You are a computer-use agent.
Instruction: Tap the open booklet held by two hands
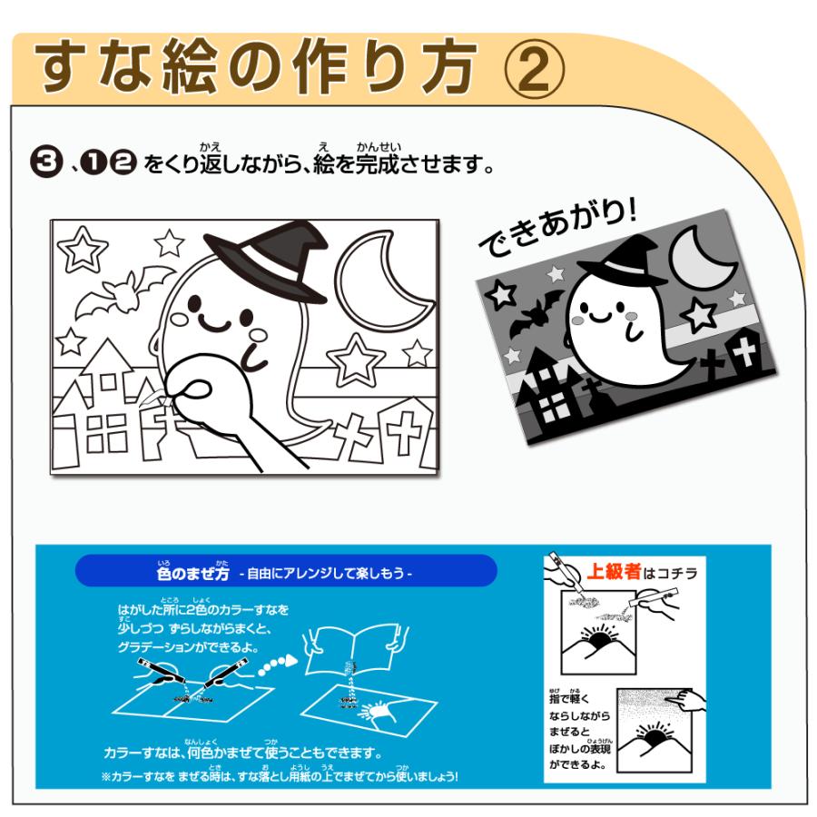(354, 654)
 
